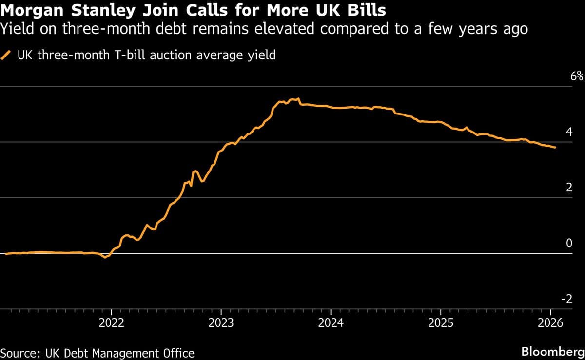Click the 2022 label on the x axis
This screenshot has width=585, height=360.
click(111, 323)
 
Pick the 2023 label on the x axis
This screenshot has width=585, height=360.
click(221, 323)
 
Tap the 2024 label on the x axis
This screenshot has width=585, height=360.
click(331, 323)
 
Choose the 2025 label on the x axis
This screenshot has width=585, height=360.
click(440, 323)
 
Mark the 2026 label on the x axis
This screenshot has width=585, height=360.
click(550, 323)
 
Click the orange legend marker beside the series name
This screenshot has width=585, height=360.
click(7, 55)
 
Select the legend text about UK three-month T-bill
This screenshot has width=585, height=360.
click(146, 55)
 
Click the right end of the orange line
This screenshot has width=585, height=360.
click(555, 148)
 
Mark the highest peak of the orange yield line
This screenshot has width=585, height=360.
click(298, 98)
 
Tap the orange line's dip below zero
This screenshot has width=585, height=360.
click(104, 257)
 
